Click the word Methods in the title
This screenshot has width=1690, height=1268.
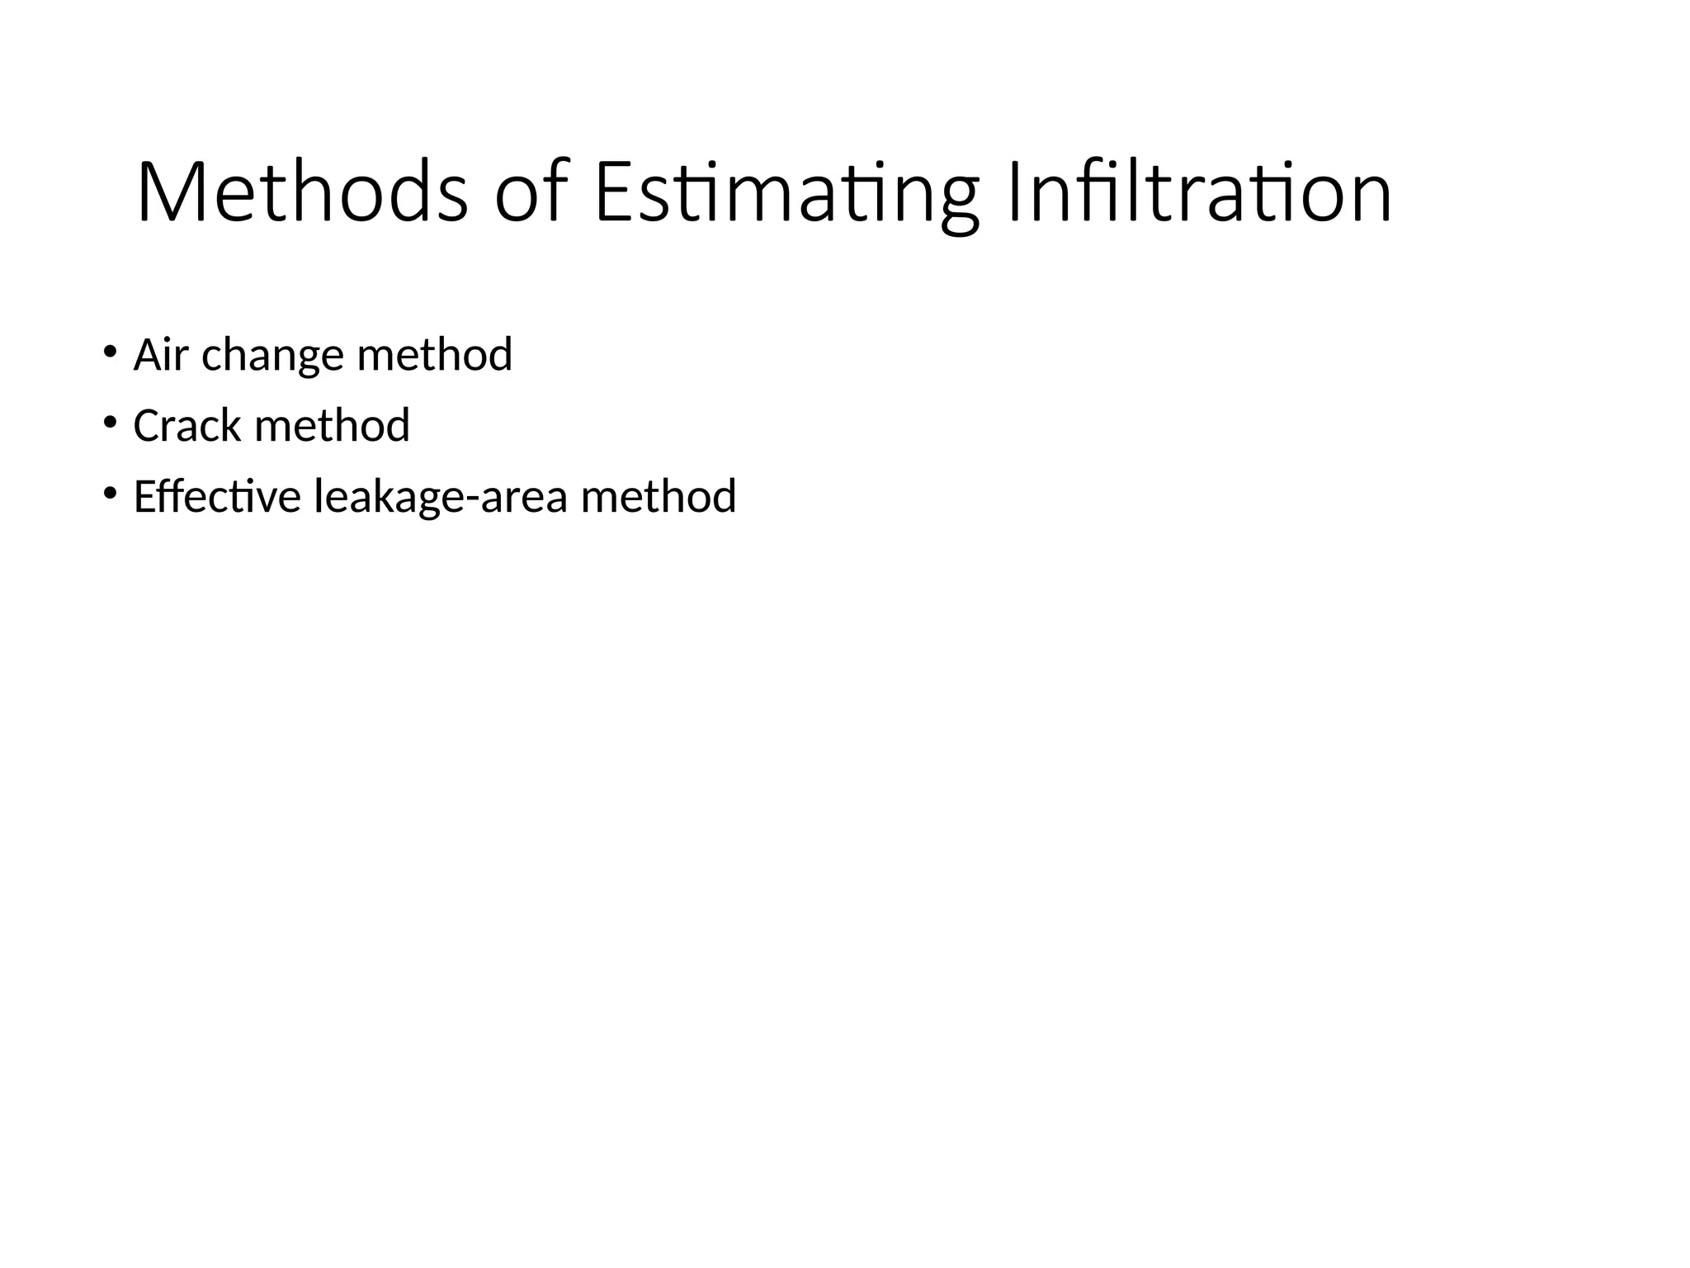[302, 192]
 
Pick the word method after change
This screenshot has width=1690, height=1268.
[435, 355]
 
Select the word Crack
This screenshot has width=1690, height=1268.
[186, 426]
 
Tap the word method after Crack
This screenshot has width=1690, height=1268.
[333, 426]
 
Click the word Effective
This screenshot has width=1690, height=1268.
[217, 497]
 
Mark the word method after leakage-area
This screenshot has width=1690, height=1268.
[659, 497]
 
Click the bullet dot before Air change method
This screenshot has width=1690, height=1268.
[110, 352]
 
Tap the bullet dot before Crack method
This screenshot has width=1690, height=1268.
[110, 423]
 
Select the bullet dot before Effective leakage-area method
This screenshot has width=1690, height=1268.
[110, 494]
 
